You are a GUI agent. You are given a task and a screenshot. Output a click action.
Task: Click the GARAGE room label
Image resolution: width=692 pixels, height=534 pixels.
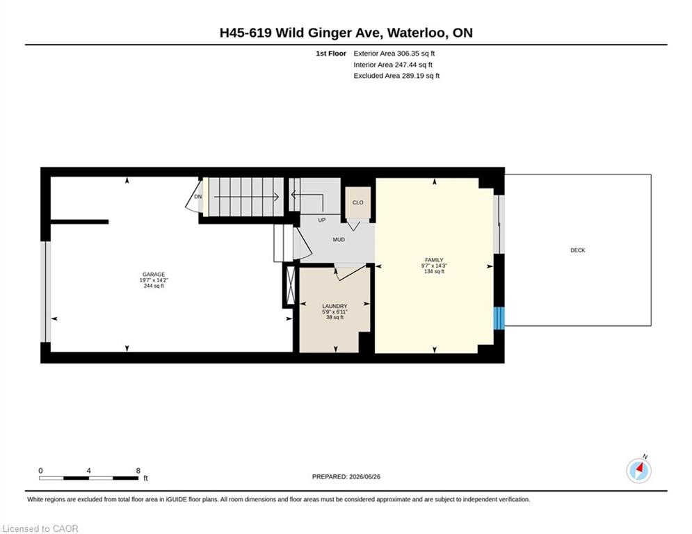coord(154,275)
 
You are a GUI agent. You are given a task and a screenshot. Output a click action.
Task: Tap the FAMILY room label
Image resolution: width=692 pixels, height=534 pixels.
coord(434,260)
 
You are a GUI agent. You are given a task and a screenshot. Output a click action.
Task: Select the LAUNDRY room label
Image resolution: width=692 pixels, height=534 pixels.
coord(335,306)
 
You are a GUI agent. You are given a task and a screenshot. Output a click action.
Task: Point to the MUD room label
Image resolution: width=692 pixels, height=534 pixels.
coord(339,240)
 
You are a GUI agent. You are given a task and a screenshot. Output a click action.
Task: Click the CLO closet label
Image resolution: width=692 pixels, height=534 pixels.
coord(358,202)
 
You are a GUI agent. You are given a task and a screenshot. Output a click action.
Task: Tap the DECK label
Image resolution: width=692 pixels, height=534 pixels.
coord(578,250)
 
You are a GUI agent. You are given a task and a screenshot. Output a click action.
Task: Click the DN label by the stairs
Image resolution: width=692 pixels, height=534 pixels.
coord(198,196)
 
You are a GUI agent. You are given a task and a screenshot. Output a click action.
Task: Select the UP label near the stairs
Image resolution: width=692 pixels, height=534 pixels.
coord(322,220)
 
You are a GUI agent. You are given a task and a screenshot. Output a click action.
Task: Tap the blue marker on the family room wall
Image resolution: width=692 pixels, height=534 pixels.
coord(499,318)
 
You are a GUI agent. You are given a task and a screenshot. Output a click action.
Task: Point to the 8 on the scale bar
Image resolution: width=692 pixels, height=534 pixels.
coord(138,471)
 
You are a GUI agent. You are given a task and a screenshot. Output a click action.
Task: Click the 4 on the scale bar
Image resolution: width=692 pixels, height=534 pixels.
coord(89,471)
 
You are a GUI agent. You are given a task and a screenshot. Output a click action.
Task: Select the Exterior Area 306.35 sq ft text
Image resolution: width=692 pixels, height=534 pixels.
coord(394,54)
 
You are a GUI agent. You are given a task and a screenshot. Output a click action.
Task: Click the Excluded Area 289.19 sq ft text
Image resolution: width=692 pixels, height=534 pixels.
coord(396,76)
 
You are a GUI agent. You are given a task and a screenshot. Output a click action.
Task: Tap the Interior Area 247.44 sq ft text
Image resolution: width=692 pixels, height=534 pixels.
coord(393,65)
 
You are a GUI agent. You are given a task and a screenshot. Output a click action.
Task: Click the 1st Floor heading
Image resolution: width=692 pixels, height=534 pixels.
coord(331,54)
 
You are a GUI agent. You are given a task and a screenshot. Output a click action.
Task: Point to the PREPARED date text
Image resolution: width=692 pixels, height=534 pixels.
coord(346,476)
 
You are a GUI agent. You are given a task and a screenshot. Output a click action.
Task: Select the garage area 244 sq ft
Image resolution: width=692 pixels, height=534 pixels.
coord(154,286)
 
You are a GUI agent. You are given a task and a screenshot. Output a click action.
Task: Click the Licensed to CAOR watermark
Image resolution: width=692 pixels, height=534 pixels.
coord(40,528)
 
